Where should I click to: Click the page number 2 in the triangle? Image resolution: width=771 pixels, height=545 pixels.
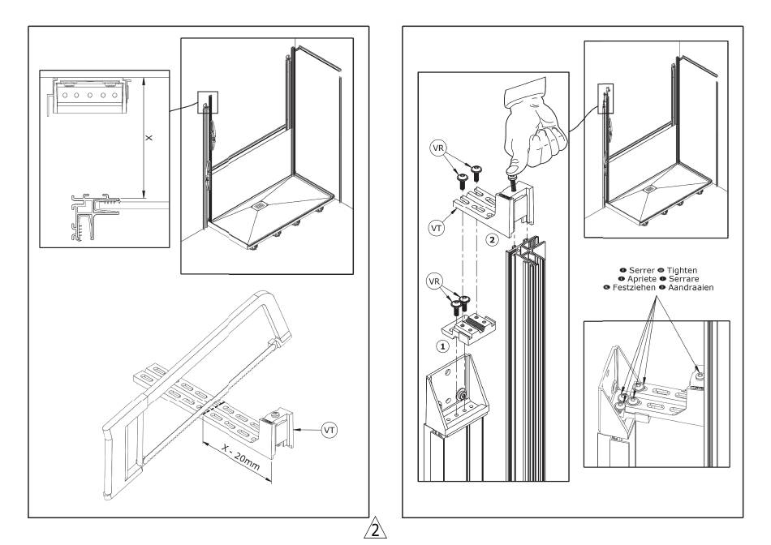(x=375, y=530)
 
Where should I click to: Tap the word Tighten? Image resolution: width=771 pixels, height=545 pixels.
(x=682, y=270)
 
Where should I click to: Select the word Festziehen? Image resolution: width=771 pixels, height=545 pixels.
(x=634, y=287)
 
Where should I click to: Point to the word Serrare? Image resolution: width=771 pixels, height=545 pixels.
(x=684, y=279)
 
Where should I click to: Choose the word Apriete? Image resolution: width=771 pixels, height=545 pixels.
(x=642, y=279)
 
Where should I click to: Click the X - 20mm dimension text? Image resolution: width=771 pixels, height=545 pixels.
(x=240, y=457)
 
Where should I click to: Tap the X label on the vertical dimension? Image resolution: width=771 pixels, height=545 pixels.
(x=149, y=138)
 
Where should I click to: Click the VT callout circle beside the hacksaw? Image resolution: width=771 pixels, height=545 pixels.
(x=330, y=430)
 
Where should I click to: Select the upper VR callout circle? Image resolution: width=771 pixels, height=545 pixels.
(x=438, y=148)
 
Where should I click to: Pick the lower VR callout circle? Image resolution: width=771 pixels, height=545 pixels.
(x=434, y=281)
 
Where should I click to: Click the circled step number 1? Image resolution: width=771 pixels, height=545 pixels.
(x=442, y=346)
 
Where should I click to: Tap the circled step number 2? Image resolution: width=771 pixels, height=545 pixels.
(x=492, y=240)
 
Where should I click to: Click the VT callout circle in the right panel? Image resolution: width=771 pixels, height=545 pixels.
(x=436, y=228)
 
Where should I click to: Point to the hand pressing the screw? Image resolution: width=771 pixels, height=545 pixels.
(x=533, y=128)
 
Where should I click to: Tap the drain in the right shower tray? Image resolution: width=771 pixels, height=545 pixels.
(x=650, y=188)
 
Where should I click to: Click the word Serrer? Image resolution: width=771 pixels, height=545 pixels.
(x=642, y=270)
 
